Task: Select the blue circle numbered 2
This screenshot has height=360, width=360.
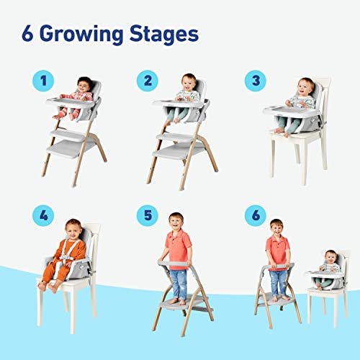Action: point(148,81)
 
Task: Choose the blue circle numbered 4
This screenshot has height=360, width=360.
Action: point(45,215)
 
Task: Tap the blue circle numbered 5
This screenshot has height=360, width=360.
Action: point(148,215)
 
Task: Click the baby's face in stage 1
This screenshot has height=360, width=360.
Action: point(84,84)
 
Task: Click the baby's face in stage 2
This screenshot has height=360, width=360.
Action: point(189,81)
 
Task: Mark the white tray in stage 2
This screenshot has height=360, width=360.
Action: point(178,103)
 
